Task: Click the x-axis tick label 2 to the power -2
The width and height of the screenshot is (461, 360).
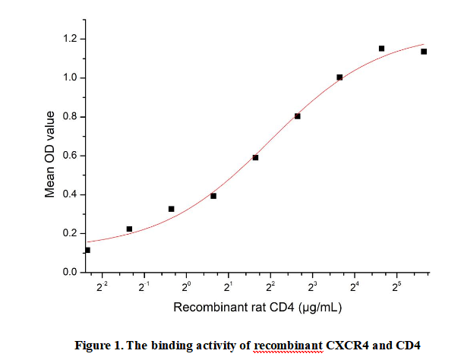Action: (x=103, y=286)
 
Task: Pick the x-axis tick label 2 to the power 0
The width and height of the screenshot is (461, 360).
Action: (x=187, y=286)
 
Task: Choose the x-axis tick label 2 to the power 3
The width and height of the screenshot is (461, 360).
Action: (x=312, y=286)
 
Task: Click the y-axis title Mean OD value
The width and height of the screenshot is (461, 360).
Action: (x=50, y=154)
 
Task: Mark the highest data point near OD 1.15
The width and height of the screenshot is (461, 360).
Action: (x=381, y=49)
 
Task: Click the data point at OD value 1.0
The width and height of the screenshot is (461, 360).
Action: (x=339, y=77)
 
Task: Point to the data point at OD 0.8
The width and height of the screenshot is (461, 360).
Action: (x=298, y=116)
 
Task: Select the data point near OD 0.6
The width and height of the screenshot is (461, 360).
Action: (x=256, y=157)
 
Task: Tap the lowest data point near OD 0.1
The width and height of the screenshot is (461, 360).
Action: (x=87, y=250)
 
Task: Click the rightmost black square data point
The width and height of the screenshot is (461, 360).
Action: (x=424, y=52)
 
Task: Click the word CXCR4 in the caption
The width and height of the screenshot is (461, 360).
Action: (x=346, y=346)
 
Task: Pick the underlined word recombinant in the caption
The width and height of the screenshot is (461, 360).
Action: (x=288, y=346)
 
